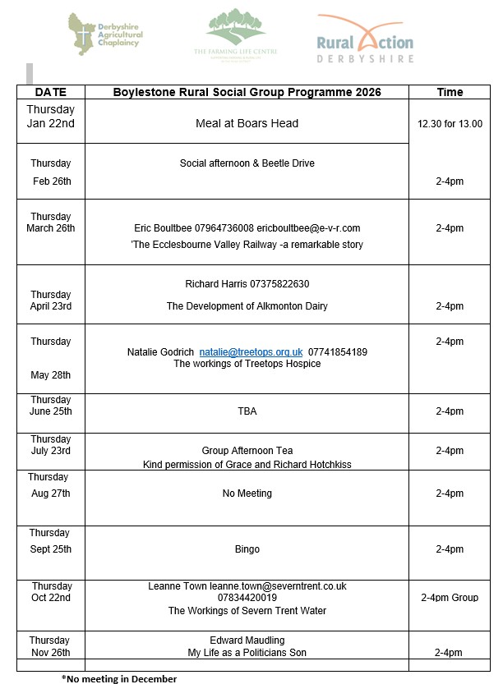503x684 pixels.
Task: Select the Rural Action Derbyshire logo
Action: pos(365,39)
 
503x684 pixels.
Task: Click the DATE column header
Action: pos(50,92)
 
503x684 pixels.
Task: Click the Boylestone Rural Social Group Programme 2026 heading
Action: pos(247,92)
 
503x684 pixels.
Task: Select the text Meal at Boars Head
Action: pos(247,123)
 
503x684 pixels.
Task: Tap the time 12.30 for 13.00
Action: pos(450,124)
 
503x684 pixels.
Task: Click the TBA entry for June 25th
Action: pos(247,411)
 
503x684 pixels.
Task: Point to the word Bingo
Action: pos(247,549)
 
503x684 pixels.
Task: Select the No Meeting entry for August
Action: pos(247,493)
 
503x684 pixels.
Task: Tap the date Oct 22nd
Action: pos(51,598)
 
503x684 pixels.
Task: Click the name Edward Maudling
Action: pos(247,640)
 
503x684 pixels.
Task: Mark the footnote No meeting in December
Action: pos(119,678)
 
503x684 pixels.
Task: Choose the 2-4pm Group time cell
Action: pos(450,598)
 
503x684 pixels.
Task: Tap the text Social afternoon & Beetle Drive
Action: pos(247,163)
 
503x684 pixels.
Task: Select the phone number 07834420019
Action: pos(247,598)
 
